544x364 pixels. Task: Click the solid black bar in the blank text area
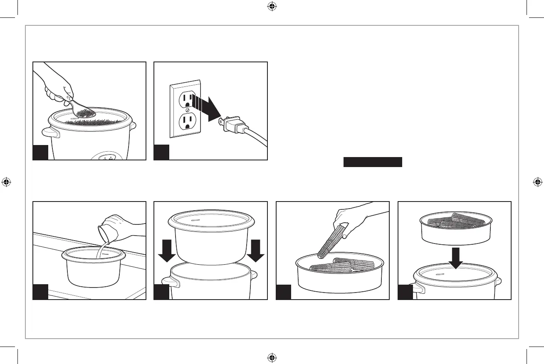click(373, 162)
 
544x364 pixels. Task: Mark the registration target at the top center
click(272, 6)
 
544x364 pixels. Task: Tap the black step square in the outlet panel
click(161, 152)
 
